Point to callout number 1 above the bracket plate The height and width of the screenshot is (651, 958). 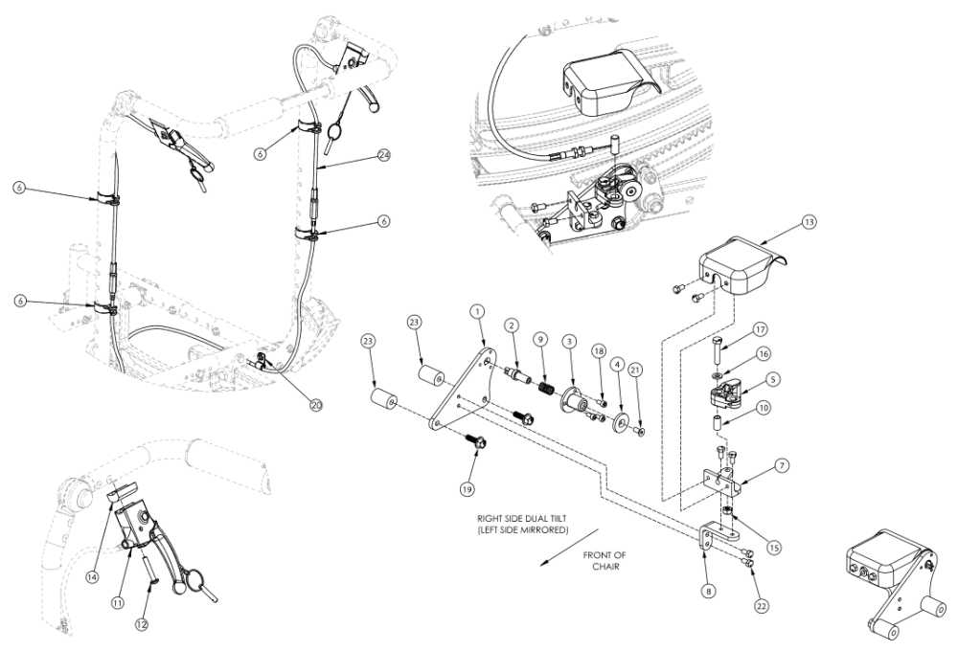tap(476, 311)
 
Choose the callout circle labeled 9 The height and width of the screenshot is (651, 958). tap(541, 339)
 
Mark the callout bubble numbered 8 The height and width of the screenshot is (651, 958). tap(707, 592)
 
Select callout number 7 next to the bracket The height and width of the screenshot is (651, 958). tap(782, 465)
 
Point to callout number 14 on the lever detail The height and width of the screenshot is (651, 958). tap(94, 552)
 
